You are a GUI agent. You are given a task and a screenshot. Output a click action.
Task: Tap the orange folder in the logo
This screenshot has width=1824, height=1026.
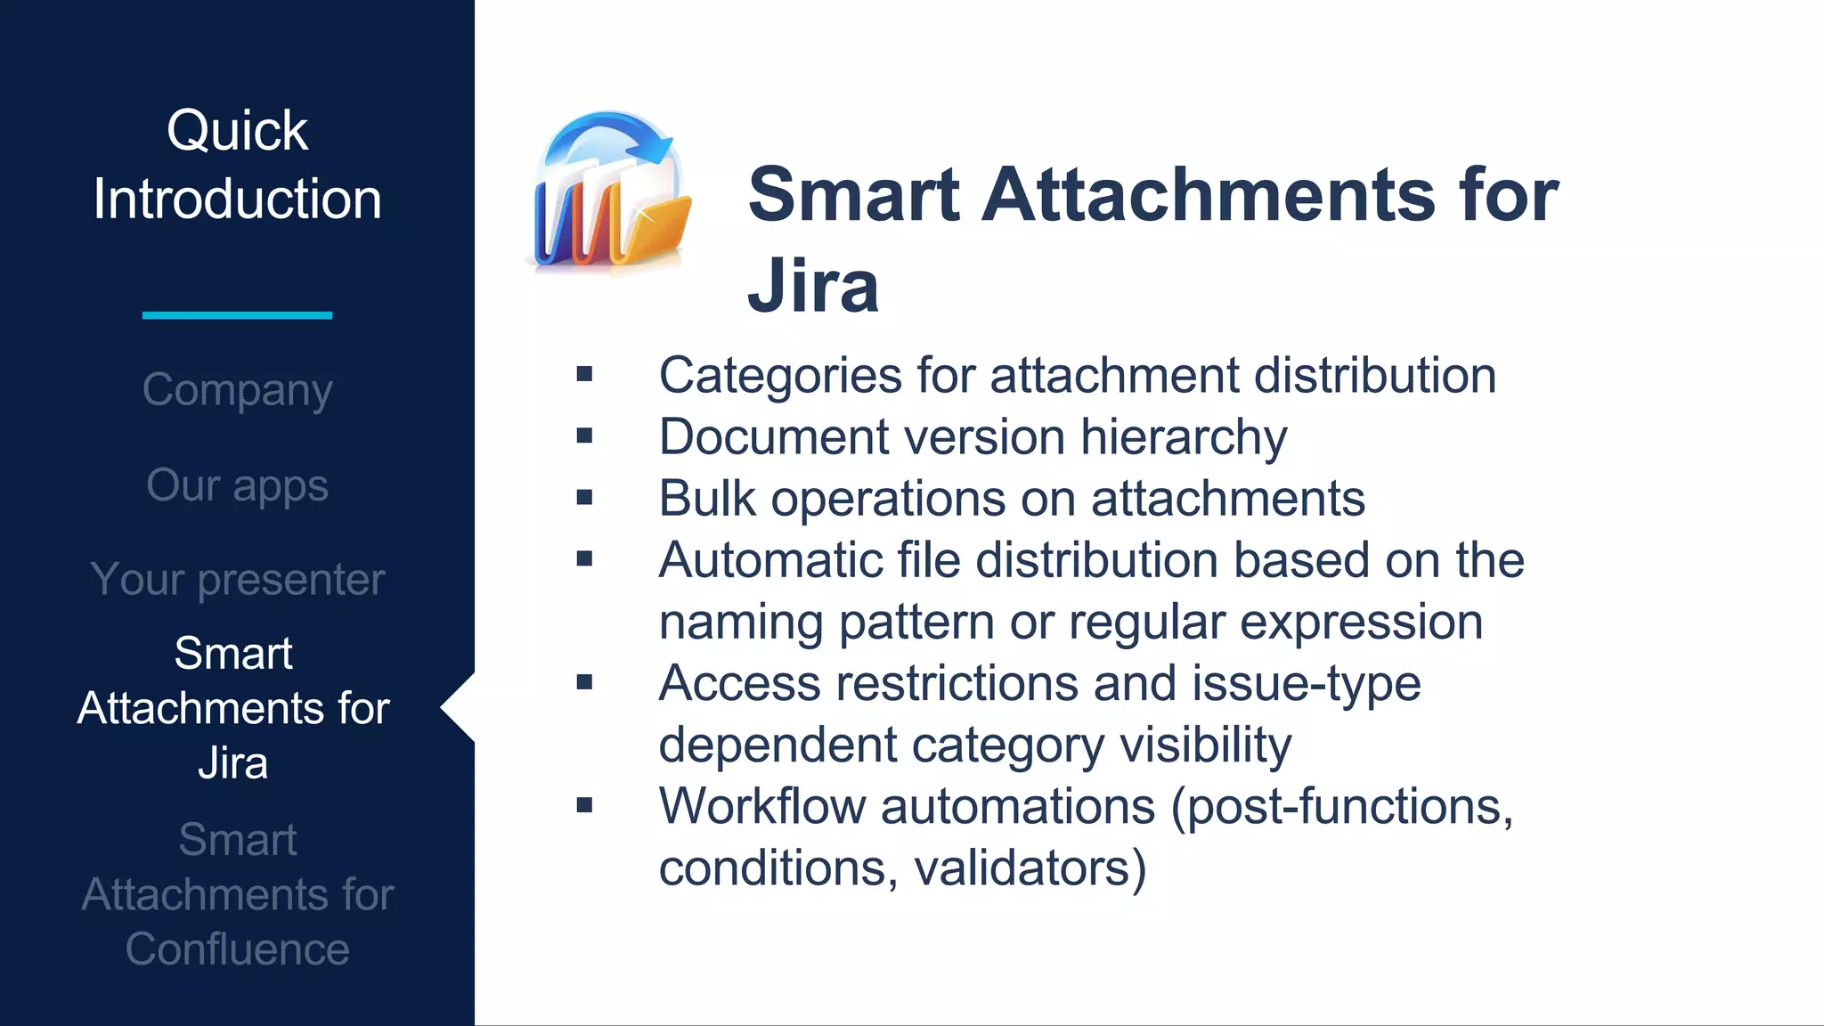(x=655, y=230)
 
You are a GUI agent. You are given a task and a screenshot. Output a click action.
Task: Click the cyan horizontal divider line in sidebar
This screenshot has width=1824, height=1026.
(x=237, y=314)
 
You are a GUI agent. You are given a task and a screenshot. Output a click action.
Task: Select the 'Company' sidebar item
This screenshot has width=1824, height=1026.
(x=237, y=390)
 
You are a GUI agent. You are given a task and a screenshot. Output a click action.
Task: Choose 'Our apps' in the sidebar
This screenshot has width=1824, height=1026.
(x=237, y=485)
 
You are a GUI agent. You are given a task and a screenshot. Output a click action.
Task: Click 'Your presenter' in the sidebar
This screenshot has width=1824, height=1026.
(x=237, y=580)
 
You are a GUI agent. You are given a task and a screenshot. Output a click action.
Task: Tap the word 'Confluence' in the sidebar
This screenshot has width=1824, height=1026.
(x=237, y=949)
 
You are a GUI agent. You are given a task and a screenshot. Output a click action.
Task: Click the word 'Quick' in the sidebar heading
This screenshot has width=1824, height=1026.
(x=237, y=131)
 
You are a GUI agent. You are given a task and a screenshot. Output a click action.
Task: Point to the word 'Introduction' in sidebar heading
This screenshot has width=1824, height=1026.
(x=237, y=199)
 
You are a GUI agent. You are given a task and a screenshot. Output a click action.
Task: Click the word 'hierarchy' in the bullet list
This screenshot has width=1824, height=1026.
(x=1184, y=437)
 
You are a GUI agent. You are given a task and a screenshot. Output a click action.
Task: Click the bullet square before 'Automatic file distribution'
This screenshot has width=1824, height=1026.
(x=584, y=559)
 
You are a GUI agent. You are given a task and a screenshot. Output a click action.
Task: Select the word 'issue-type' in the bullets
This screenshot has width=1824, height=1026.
(x=1306, y=684)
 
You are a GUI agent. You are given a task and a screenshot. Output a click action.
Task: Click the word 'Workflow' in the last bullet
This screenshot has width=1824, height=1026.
(x=762, y=807)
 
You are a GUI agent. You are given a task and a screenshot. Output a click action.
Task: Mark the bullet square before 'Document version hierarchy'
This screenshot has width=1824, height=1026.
(x=584, y=436)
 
